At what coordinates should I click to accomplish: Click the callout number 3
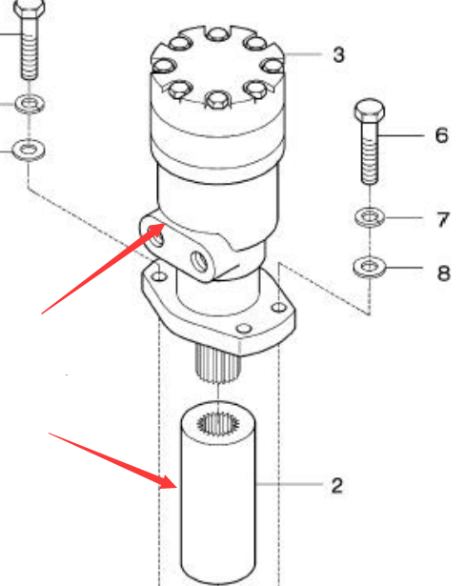coord(338,54)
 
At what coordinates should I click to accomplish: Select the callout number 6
coord(441,135)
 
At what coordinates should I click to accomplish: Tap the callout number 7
coord(442,220)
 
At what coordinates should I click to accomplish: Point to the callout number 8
coord(443,273)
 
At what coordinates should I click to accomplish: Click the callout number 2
coord(337,485)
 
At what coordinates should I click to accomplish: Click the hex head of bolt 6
coord(370,111)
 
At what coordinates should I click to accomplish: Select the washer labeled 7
coord(370,217)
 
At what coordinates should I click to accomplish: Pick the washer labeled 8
coord(370,267)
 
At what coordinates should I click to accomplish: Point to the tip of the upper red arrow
coord(166,224)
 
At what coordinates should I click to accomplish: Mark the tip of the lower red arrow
coord(177,487)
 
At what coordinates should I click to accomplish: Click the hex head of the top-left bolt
coord(29,9)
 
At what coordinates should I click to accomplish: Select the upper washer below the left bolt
coord(30,104)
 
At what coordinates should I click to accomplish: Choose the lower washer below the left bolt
coord(29,150)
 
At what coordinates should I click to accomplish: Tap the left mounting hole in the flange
coord(160,276)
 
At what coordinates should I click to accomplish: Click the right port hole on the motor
coord(199,261)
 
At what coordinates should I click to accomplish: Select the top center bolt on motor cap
coord(217,34)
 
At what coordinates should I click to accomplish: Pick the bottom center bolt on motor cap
coord(217,100)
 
